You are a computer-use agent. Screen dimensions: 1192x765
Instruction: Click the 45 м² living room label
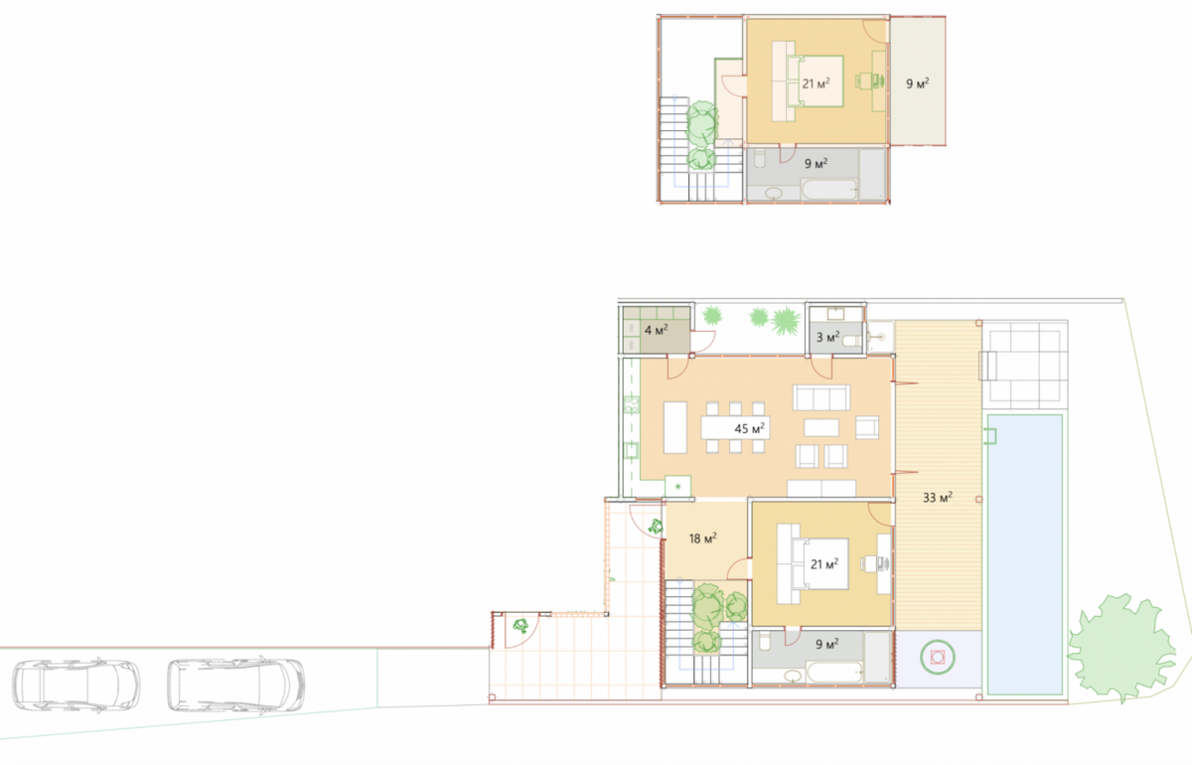pyautogui.click(x=749, y=428)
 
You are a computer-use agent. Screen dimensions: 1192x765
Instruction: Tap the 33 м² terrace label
pyautogui.click(x=938, y=497)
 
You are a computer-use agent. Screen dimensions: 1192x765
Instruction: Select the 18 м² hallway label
pyautogui.click(x=702, y=538)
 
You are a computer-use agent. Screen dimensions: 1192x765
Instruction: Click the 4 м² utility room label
pyautogui.click(x=656, y=330)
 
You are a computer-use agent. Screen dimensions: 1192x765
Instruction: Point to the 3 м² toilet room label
pyautogui.click(x=828, y=337)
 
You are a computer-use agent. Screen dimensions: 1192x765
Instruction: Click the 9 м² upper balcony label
pyautogui.click(x=918, y=83)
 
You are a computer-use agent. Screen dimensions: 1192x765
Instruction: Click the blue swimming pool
pyautogui.click(x=1025, y=554)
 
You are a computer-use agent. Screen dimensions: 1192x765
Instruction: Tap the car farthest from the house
pyautogui.click(x=76, y=686)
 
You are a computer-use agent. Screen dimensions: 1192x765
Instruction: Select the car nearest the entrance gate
pyautogui.click(x=236, y=686)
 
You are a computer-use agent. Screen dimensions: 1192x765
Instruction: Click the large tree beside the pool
pyautogui.click(x=1120, y=648)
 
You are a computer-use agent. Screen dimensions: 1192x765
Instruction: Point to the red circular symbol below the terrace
pyautogui.click(x=938, y=658)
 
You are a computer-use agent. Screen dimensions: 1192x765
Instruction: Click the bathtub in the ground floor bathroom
pyautogui.click(x=834, y=672)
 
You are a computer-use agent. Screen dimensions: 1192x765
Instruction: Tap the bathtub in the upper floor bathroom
pyautogui.click(x=829, y=190)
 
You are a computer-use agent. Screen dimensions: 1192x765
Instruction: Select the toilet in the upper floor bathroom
pyautogui.click(x=760, y=158)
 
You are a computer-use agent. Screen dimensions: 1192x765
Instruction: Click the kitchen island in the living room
pyautogui.click(x=675, y=427)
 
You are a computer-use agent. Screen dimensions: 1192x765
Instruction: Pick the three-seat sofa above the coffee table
pyautogui.click(x=821, y=397)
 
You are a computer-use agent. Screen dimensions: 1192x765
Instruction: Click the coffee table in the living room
pyautogui.click(x=821, y=427)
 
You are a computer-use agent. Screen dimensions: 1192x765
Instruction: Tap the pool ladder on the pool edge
pyautogui.click(x=992, y=436)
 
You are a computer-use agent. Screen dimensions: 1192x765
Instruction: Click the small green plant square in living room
pyautogui.click(x=677, y=486)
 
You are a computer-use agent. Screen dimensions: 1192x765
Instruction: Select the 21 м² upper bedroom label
pyautogui.click(x=816, y=83)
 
